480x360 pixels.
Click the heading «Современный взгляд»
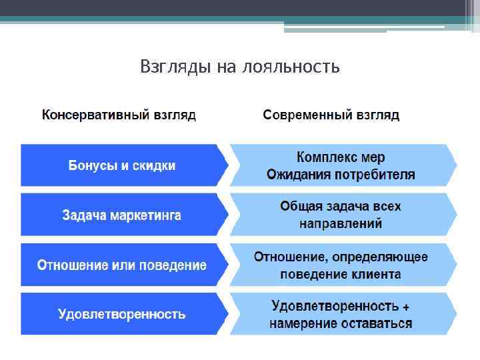tap(331, 115)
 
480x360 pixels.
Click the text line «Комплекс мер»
tap(341, 158)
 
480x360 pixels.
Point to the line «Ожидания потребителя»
tap(341, 175)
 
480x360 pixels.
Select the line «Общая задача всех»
tap(341, 207)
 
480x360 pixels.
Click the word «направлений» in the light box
tap(341, 224)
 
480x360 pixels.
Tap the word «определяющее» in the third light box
tap(384, 257)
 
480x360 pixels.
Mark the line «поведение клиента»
tap(341, 274)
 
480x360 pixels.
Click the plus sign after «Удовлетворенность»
tap(406, 307)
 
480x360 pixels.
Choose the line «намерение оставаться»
tap(341, 324)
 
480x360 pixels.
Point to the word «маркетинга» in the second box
tap(145, 215)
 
